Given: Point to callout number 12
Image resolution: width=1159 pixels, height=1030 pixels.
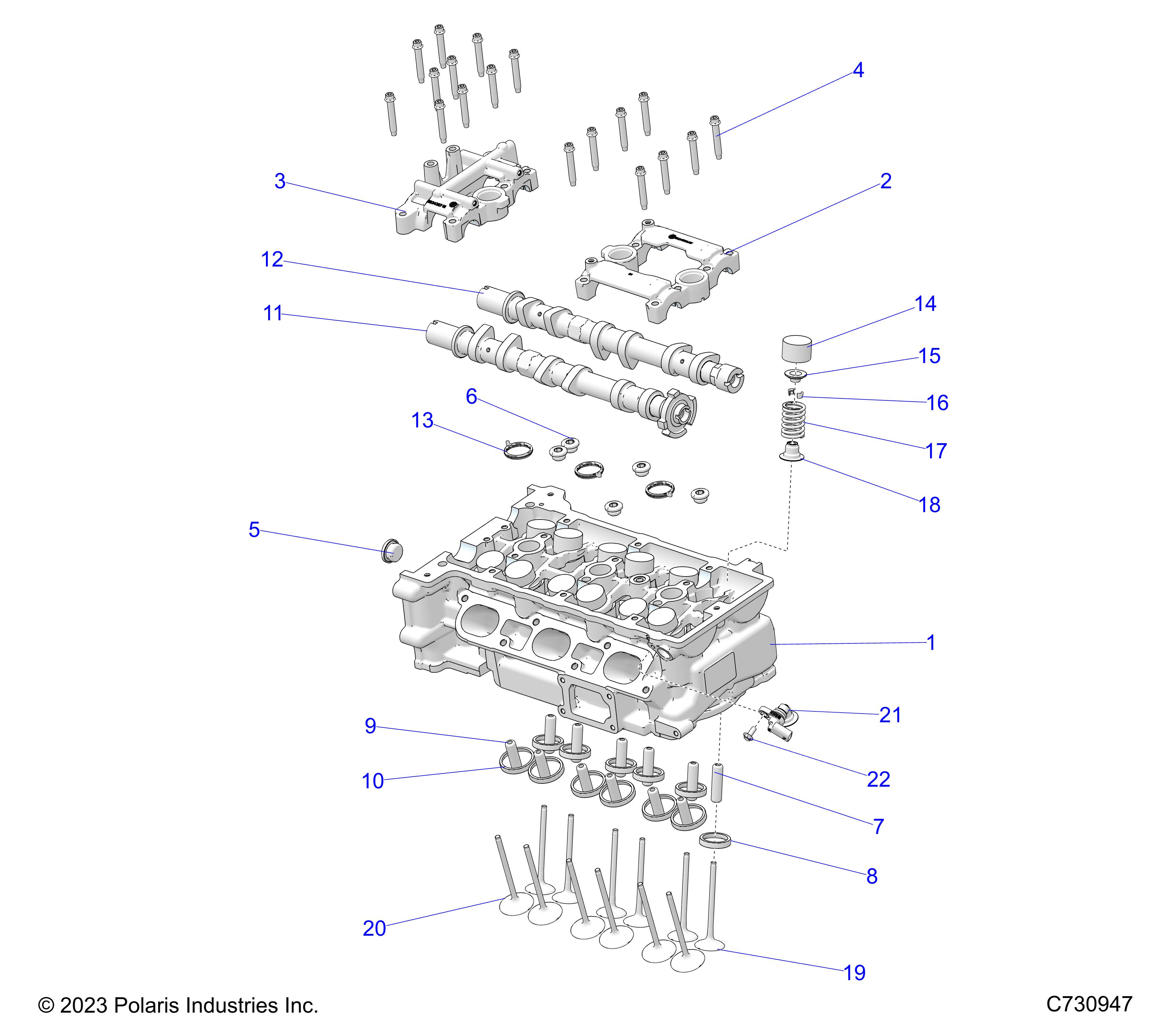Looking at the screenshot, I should [x=272, y=260].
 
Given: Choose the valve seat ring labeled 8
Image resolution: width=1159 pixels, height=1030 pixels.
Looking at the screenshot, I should [x=714, y=840].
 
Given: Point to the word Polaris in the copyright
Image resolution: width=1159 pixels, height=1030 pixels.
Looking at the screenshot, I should [x=150, y=1006].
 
